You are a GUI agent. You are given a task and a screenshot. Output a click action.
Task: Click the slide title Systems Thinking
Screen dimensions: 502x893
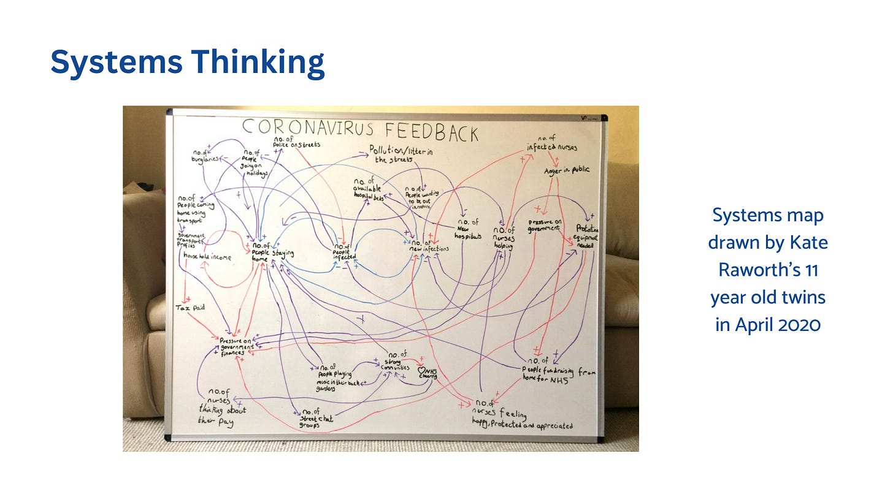tap(187, 63)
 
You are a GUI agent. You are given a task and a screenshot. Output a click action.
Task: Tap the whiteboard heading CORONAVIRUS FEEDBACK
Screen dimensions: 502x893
tap(360, 129)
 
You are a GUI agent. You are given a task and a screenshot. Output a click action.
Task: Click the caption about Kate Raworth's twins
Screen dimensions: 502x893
tap(767, 269)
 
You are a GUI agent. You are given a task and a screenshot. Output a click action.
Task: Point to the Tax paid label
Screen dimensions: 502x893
tap(190, 307)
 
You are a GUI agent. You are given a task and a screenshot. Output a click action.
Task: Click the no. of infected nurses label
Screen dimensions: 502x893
tap(551, 143)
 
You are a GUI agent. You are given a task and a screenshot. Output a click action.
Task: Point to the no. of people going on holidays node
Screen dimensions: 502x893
tap(256, 162)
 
